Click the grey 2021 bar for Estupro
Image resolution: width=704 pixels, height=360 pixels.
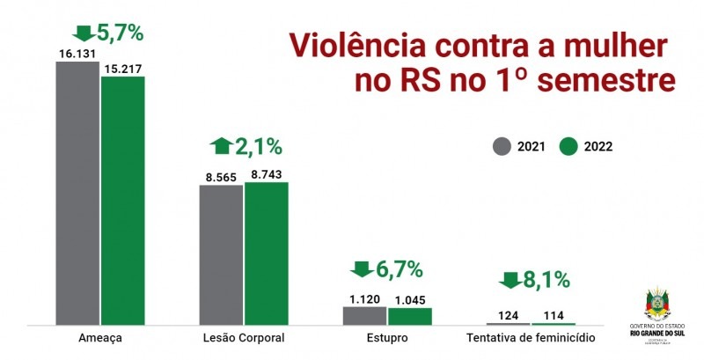click(364, 316)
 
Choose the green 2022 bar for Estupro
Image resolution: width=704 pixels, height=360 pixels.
click(410, 317)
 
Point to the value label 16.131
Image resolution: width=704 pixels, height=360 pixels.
click(77, 54)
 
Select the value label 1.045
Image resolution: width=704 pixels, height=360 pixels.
click(410, 300)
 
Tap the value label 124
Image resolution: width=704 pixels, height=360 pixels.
click(508, 316)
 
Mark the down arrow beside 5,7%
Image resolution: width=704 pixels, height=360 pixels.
click(83, 33)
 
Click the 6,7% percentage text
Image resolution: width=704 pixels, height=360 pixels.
click(401, 268)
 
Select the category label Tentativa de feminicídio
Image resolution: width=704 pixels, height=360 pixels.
click(530, 338)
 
